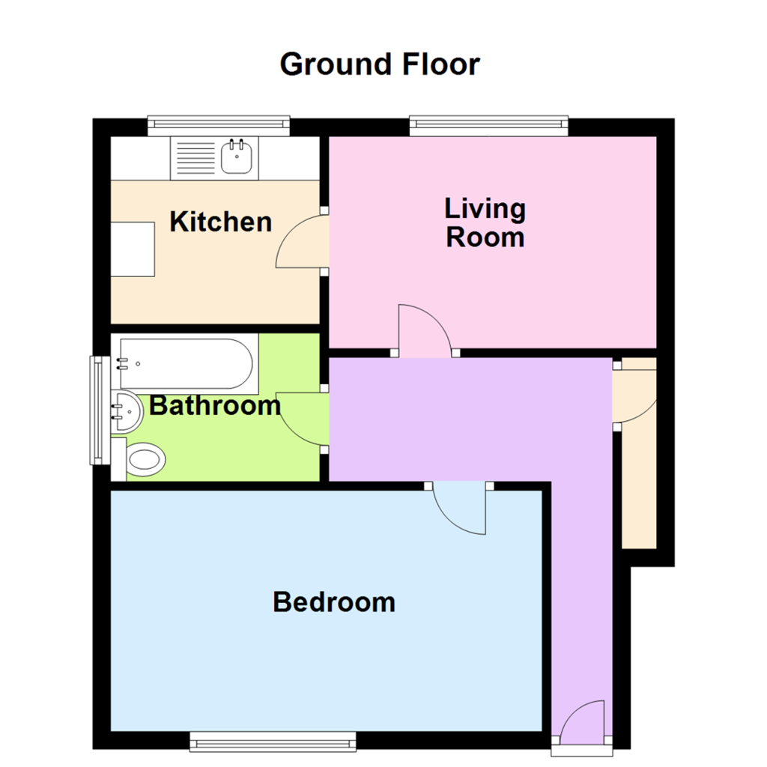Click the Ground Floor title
(x=380, y=64)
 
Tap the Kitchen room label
(x=220, y=222)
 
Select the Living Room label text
(x=485, y=222)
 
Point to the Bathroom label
(x=215, y=406)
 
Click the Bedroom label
(x=334, y=601)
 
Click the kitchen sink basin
(x=237, y=158)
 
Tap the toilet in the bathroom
(x=144, y=458)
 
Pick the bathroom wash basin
(x=126, y=410)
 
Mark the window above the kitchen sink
(x=218, y=126)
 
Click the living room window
(x=488, y=126)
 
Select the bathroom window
(x=97, y=409)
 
